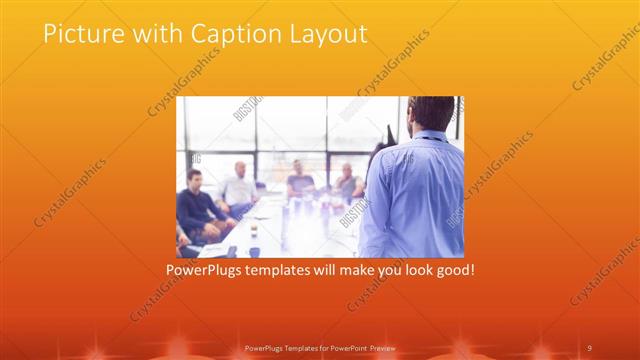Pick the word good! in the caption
[x=452, y=270]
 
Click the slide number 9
[x=590, y=347]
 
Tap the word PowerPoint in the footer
[x=344, y=347]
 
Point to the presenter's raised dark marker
[x=388, y=136]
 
